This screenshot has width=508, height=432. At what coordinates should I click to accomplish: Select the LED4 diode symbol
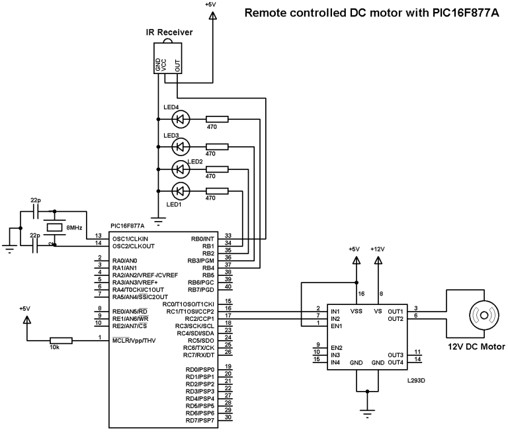tap(180, 119)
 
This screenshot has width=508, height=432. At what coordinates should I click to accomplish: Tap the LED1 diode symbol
tap(180, 191)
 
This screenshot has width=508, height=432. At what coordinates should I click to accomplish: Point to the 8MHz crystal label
tap(75, 227)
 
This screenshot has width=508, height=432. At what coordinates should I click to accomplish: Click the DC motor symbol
tap(482, 315)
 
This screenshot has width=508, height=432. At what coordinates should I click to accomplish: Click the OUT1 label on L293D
tap(395, 311)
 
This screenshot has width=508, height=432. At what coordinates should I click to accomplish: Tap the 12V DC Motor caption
tap(476, 347)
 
